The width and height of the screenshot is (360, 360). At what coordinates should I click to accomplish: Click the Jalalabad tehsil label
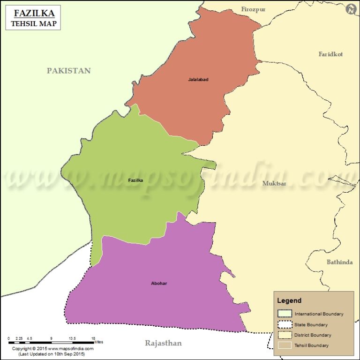(198, 80)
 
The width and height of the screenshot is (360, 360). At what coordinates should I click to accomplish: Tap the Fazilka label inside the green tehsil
(135, 180)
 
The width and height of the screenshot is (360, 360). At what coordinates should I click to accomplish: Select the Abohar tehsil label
(159, 284)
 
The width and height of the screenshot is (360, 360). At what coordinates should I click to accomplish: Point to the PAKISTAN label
(68, 71)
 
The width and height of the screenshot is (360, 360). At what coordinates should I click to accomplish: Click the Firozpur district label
(253, 9)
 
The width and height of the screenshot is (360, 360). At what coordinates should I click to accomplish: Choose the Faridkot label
(330, 54)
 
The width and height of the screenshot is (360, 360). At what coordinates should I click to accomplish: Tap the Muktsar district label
(274, 183)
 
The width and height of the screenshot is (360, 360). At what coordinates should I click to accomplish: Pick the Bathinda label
(339, 262)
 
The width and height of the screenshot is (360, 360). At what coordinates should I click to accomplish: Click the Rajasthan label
(163, 344)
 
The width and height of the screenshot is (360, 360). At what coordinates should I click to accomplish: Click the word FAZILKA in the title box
(33, 13)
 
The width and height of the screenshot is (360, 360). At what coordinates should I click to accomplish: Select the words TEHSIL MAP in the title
(33, 23)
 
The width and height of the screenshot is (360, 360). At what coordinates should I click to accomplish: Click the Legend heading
(289, 300)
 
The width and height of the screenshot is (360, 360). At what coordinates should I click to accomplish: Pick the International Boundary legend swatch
(285, 314)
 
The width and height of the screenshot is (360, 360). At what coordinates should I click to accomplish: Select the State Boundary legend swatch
(285, 324)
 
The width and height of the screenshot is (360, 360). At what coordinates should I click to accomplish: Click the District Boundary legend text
(313, 335)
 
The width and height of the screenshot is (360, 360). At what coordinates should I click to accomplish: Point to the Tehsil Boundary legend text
(311, 345)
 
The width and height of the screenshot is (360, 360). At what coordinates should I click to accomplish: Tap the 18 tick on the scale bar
(94, 338)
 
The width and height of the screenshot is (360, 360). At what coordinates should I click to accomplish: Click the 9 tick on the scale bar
(51, 338)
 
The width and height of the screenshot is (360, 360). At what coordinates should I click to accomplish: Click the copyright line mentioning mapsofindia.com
(52, 349)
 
